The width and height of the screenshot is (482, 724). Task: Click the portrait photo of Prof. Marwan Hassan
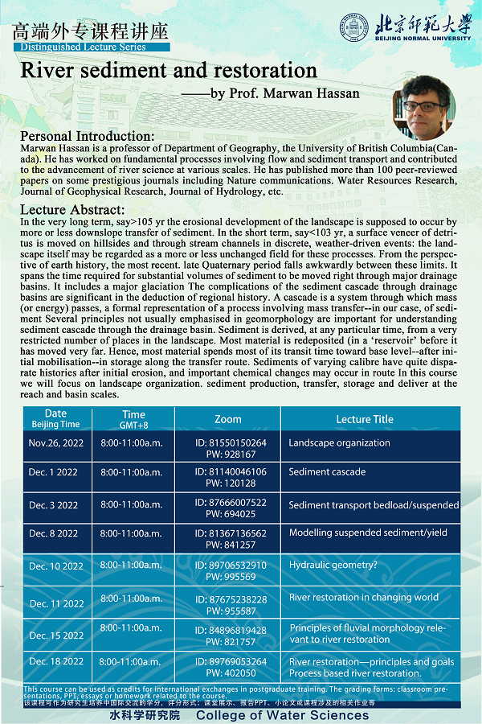coord(423,107)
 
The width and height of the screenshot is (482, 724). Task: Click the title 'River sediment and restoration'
coord(169,70)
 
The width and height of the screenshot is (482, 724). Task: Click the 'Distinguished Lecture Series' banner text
coord(80,47)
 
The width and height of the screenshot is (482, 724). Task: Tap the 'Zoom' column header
coord(228,419)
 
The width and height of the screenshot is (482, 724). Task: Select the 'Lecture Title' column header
coord(365,419)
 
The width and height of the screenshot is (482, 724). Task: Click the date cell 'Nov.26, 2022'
coord(56,443)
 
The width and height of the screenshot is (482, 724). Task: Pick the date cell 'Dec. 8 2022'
coord(53,533)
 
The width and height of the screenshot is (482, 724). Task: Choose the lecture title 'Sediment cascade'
coord(327,472)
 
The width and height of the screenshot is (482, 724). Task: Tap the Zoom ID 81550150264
coord(231,442)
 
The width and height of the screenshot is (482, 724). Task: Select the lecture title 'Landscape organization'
coord(339,443)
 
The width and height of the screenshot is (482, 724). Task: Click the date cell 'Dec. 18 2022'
coord(55,662)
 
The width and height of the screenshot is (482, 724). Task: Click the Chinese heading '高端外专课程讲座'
coord(91,32)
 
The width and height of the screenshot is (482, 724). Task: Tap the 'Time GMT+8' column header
coord(133,419)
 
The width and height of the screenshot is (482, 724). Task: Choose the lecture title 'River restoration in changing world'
coord(364,598)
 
